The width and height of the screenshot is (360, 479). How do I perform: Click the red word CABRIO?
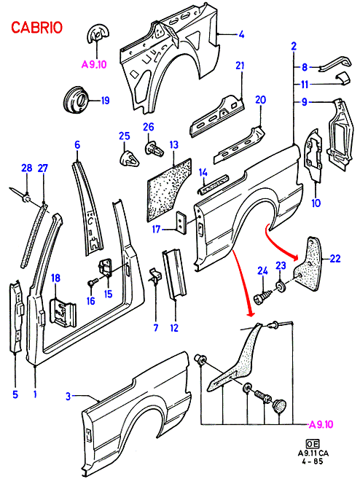pyautogui.click(x=36, y=28)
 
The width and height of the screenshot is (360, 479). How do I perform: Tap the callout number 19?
pyautogui.click(x=105, y=101)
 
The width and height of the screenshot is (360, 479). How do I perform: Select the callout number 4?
pyautogui.click(x=241, y=34)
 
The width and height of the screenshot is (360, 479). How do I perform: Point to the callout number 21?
pyautogui.click(x=240, y=66)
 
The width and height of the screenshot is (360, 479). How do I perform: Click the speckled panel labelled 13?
pyautogui.click(x=169, y=190)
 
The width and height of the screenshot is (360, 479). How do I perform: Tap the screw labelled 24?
pyautogui.click(x=263, y=297)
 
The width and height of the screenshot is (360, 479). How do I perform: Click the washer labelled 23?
pyautogui.click(x=280, y=287)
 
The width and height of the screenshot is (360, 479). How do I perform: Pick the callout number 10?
pyautogui.click(x=316, y=203)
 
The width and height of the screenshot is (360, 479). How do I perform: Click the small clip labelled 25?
pyautogui.click(x=129, y=158)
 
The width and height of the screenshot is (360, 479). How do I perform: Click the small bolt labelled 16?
pyautogui.click(x=93, y=282)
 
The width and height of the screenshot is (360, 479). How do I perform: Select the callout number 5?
pyautogui.click(x=15, y=394)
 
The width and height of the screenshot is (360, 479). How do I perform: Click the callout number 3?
pyautogui.click(x=68, y=396)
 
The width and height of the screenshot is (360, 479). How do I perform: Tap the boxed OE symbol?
pyautogui.click(x=312, y=444)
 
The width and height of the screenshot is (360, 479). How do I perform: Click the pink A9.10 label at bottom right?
pyautogui.click(x=321, y=424)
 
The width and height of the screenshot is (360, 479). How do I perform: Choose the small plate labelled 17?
pyautogui.click(x=180, y=222)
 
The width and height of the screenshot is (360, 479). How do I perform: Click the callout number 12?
pyautogui.click(x=174, y=328)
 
